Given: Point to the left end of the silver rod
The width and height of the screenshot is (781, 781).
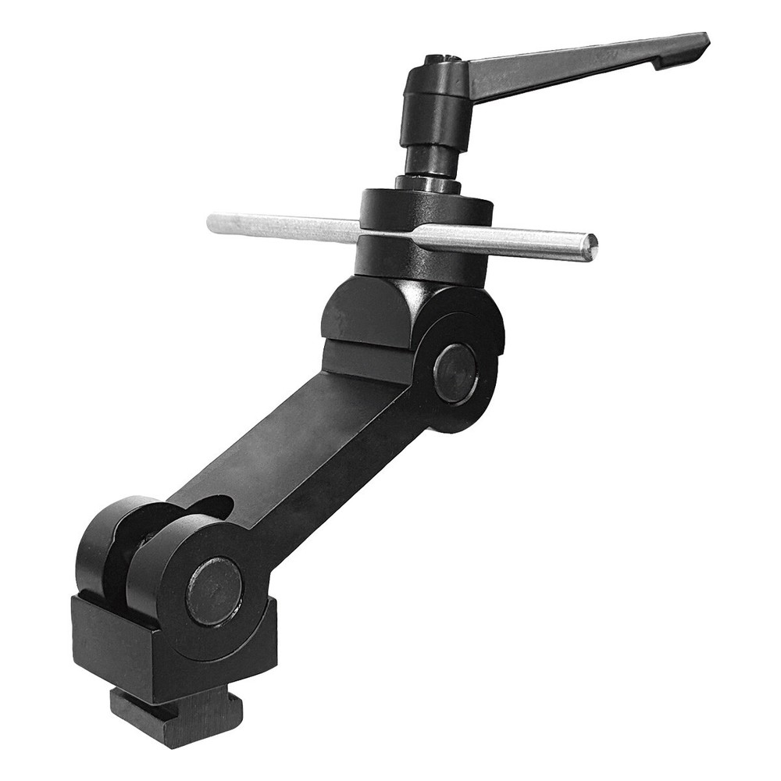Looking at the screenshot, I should coord(213,222).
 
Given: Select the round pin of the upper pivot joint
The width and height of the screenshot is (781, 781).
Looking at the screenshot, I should coord(455,373).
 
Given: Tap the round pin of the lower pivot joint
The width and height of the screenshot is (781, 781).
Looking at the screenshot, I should coord(214,590).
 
